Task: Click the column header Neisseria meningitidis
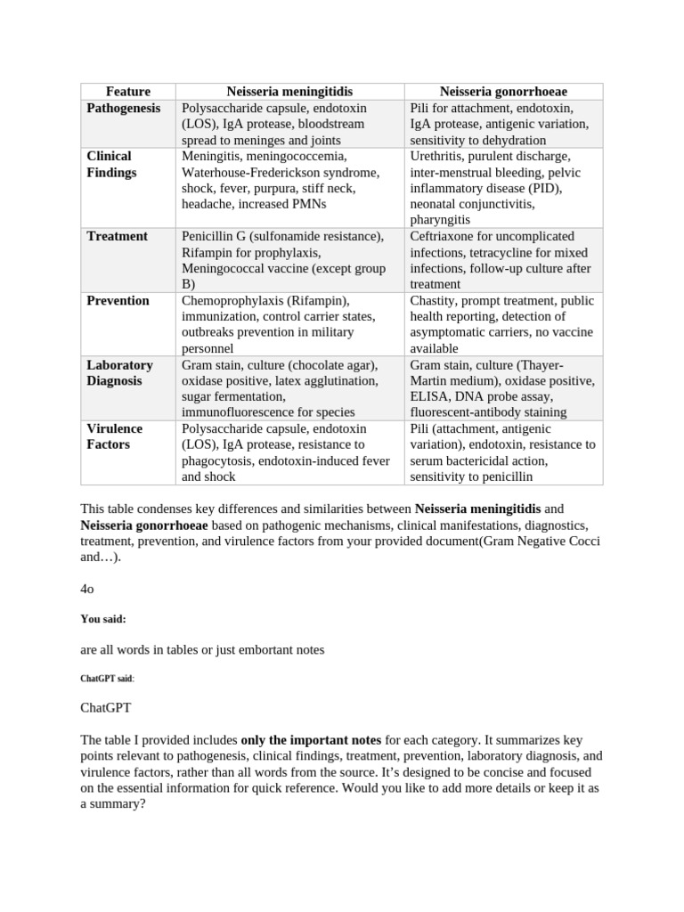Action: tap(289, 92)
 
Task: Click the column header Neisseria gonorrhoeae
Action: tap(503, 92)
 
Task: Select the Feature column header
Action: tap(128, 92)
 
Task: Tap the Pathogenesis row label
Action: tap(124, 108)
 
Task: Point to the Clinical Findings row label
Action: tap(111, 164)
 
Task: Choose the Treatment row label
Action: tap(117, 236)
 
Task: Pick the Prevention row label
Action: tap(118, 300)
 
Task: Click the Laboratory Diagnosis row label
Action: tap(119, 372)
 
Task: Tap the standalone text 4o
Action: tap(86, 589)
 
